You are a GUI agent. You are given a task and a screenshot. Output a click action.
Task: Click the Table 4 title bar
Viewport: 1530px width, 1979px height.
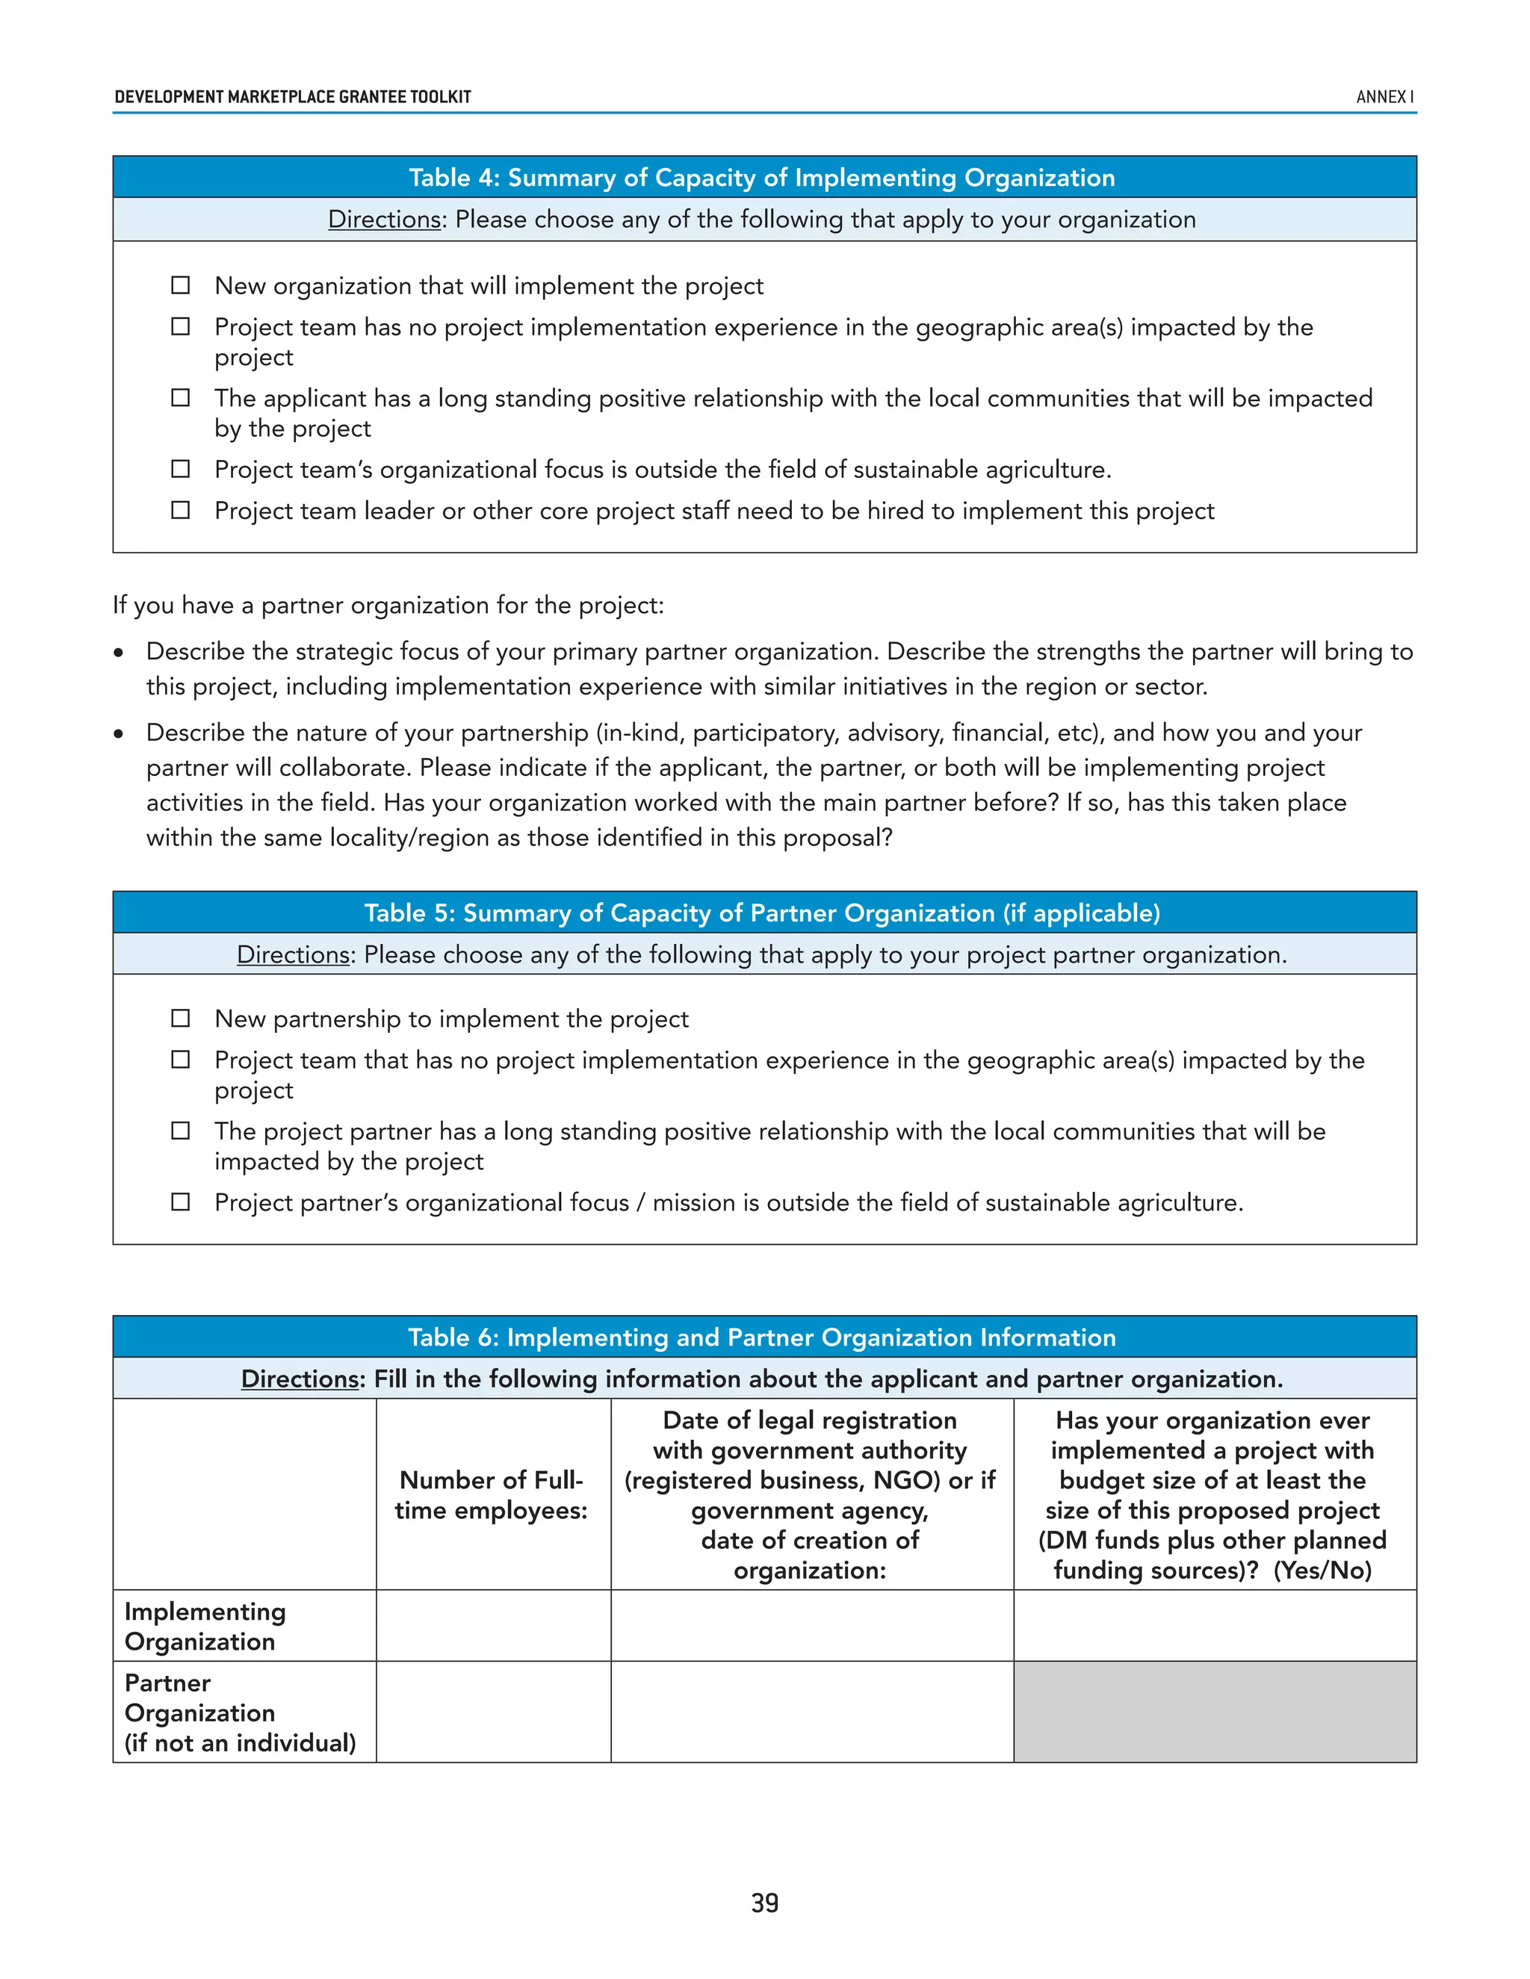click(x=764, y=178)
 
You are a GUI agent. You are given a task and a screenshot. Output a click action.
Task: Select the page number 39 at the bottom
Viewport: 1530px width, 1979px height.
click(x=764, y=1903)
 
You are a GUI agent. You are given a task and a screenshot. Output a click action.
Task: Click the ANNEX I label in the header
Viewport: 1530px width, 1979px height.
click(x=1384, y=97)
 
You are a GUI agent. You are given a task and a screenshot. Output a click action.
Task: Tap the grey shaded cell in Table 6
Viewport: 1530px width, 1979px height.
click(x=1215, y=1712)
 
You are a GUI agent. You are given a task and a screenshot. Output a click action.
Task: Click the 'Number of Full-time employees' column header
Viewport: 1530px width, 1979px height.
click(x=492, y=1495)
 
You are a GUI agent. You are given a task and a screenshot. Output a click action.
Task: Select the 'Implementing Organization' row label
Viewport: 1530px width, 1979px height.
click(x=205, y=1626)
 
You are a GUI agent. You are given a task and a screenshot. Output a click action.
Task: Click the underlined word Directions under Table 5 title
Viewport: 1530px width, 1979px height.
click(x=294, y=955)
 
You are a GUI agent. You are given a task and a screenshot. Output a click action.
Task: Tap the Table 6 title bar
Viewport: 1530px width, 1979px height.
click(x=764, y=1338)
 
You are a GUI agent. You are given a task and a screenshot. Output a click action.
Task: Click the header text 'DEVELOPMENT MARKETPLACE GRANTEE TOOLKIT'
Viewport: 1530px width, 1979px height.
click(x=293, y=97)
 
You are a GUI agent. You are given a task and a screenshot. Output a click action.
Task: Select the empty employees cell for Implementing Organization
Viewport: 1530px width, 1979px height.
click(x=493, y=1626)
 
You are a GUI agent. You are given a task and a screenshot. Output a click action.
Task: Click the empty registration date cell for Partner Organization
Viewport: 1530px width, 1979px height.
click(x=812, y=1712)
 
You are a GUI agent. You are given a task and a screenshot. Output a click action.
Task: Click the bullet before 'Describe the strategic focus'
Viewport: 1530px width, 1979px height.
click(x=119, y=653)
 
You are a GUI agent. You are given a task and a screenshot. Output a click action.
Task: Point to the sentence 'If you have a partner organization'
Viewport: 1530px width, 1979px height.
click(x=388, y=606)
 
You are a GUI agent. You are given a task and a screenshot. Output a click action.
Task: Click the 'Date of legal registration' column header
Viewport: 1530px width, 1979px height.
click(x=811, y=1495)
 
